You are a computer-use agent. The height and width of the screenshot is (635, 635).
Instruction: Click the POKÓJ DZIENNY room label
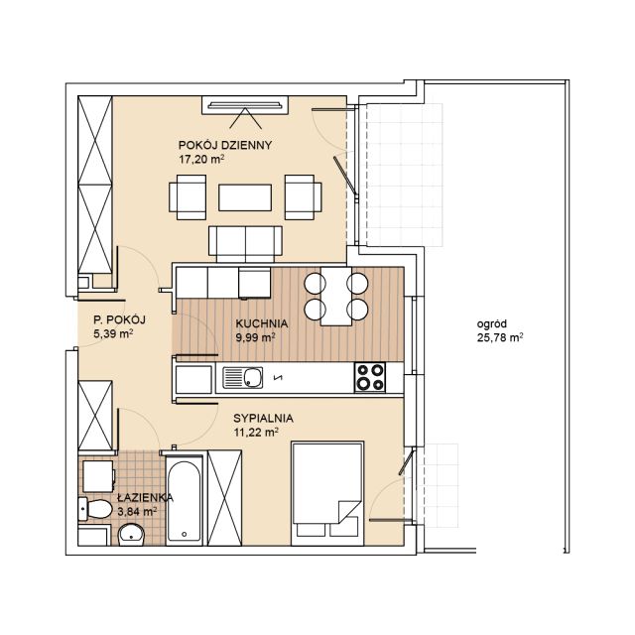(x=225, y=145)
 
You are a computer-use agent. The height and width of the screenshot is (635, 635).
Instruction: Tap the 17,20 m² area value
(x=201, y=159)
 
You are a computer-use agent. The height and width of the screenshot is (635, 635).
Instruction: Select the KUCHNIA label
(x=262, y=323)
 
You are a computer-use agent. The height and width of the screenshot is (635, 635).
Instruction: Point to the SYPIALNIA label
(x=263, y=418)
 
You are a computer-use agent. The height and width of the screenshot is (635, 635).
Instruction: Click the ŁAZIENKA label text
(x=146, y=497)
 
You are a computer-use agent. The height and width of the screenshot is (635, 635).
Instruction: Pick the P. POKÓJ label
(x=119, y=319)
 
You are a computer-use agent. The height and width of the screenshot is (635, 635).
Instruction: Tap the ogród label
(x=492, y=324)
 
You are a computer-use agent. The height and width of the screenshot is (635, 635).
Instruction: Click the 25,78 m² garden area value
(x=500, y=337)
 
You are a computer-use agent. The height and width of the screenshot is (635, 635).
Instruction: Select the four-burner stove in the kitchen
(x=370, y=377)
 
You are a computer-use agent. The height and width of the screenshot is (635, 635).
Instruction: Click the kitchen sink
(x=242, y=378)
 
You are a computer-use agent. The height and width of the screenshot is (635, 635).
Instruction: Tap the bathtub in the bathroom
(x=185, y=500)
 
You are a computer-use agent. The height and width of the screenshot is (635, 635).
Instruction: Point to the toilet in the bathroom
(x=95, y=509)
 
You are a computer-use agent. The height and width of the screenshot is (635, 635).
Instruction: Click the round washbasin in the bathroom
(x=131, y=535)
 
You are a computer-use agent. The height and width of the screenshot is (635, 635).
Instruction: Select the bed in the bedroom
(x=327, y=493)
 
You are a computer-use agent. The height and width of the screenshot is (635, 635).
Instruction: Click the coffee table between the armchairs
(x=245, y=197)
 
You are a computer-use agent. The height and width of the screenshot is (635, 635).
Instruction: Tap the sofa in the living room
(x=245, y=244)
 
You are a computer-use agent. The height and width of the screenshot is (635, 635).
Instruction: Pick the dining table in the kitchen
(x=336, y=296)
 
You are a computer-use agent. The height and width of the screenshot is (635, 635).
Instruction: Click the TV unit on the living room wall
(x=245, y=105)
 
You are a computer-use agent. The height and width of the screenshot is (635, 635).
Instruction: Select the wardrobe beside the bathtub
(x=224, y=498)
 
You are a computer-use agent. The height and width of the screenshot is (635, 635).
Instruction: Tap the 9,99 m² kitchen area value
(x=256, y=337)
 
